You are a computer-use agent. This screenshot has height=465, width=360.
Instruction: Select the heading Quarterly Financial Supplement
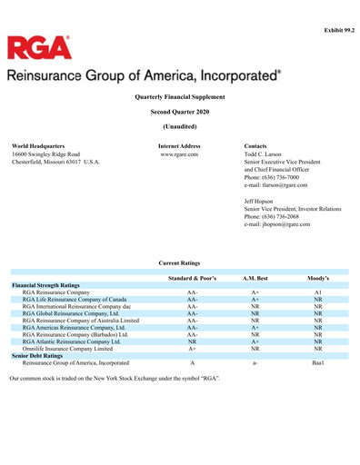tap(179, 95)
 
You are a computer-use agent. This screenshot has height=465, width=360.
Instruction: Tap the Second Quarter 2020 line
tap(179, 110)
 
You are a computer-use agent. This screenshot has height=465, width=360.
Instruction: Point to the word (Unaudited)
tap(179, 125)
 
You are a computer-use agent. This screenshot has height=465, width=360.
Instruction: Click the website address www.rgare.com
tap(179, 153)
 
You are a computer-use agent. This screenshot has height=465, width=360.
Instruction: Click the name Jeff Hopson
tap(262, 200)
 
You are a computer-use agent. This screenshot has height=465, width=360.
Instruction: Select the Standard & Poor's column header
tap(192, 276)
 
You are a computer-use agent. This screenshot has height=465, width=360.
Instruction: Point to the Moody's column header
tap(318, 276)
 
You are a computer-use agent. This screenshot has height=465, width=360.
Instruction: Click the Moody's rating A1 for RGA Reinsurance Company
tap(317, 292)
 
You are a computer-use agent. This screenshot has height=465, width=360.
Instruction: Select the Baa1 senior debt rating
tap(317, 362)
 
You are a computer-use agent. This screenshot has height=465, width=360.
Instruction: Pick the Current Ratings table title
tap(179, 262)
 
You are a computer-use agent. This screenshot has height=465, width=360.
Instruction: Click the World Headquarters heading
tap(38, 145)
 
